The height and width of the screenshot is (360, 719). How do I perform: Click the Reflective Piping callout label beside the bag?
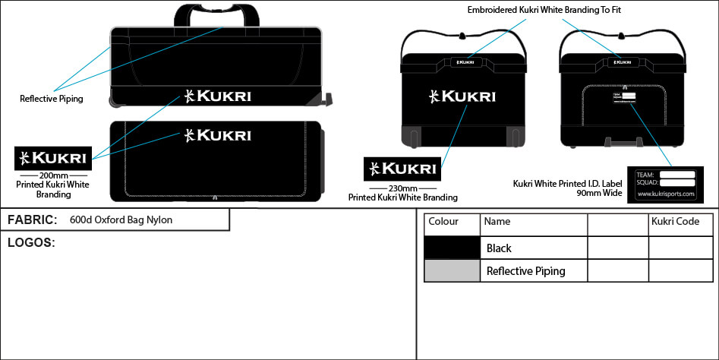[52, 99]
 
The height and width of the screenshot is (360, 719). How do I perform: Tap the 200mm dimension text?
[52, 175]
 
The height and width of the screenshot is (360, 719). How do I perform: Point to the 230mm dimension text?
[402, 188]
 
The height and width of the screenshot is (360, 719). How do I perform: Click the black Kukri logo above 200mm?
[52, 158]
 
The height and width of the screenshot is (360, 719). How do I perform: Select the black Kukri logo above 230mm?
[402, 168]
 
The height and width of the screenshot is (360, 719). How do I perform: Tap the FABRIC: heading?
[32, 220]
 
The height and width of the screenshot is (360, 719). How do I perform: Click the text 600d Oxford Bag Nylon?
[121, 220]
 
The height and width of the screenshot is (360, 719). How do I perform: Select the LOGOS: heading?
[31, 243]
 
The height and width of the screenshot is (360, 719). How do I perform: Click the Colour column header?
[443, 222]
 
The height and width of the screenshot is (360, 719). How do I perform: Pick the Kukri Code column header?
[675, 222]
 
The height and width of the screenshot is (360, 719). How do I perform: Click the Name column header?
[497, 222]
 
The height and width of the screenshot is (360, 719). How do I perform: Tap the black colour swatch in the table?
[452, 248]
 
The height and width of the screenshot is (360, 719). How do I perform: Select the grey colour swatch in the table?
[452, 270]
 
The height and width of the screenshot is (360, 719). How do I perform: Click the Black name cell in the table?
[499, 248]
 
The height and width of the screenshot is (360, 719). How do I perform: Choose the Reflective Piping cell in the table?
[525, 271]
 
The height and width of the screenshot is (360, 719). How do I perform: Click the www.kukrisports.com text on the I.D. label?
[666, 194]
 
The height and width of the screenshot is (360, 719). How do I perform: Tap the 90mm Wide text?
[598, 194]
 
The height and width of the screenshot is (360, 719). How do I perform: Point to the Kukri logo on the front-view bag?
[462, 96]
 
